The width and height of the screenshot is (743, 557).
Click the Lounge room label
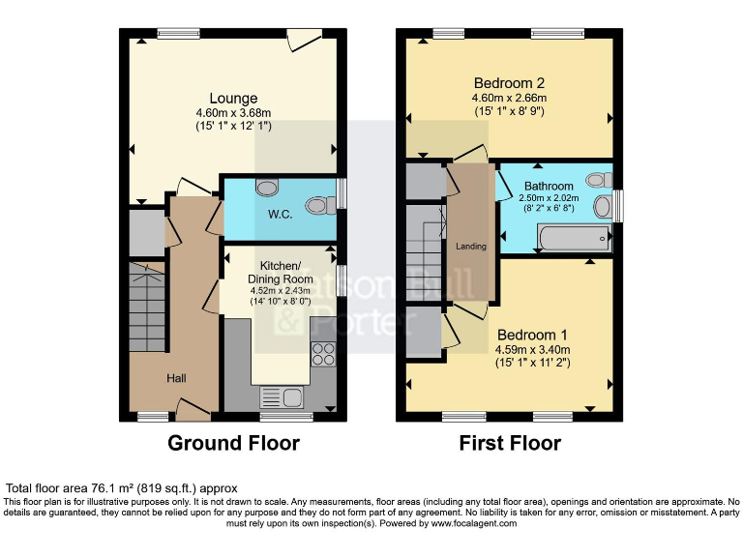click(x=233, y=98)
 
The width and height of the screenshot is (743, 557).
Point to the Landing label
click(x=471, y=247)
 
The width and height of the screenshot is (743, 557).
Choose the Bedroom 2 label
click(x=508, y=82)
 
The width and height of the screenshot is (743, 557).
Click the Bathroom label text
click(x=549, y=186)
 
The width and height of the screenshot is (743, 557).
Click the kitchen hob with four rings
click(x=321, y=356)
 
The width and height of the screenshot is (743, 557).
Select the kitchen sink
click(x=282, y=396)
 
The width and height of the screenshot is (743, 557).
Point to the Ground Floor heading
click(x=233, y=444)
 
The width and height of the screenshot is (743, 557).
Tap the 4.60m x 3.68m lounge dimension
click(x=233, y=113)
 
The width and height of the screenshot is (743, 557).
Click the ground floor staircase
click(x=148, y=300)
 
